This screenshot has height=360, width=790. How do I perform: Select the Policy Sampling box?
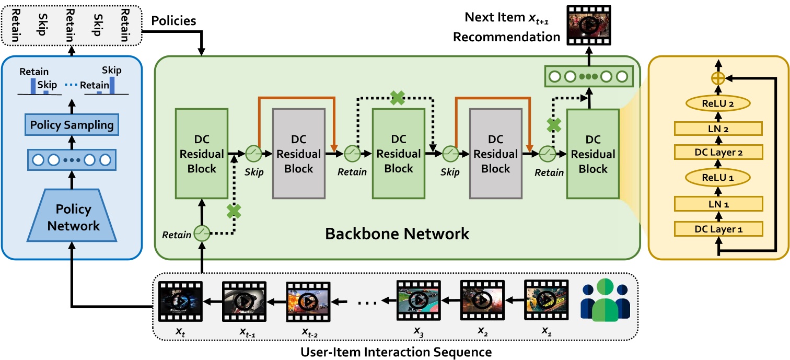click(72, 125)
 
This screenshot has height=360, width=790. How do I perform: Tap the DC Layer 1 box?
click(718, 228)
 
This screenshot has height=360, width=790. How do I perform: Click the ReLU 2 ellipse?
click(719, 103)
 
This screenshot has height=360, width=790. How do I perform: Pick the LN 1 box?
click(718, 203)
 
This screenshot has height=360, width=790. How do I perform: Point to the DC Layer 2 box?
click(718, 152)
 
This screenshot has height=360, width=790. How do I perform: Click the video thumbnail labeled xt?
click(180, 300)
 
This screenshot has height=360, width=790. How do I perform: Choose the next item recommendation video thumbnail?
click(589, 25)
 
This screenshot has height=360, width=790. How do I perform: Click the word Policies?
click(173, 21)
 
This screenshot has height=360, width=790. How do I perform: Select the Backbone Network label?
click(397, 234)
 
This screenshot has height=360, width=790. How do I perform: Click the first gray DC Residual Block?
click(299, 154)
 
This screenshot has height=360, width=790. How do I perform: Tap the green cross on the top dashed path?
click(398, 98)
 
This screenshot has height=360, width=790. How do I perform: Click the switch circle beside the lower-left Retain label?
click(201, 234)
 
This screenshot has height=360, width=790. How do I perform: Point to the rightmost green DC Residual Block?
click(592, 154)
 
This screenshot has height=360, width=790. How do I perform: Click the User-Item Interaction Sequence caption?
click(396, 352)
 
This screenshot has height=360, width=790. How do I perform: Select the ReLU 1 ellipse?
click(719, 178)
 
